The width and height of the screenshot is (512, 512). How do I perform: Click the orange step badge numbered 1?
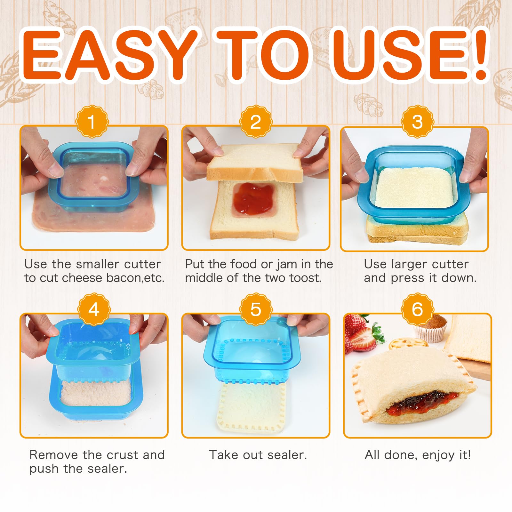pos(92,122)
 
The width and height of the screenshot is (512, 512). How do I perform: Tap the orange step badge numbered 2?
pos(256,122)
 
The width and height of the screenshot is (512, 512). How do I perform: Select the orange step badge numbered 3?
pos(417,122)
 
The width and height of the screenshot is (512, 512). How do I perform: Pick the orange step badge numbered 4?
pos(94,309)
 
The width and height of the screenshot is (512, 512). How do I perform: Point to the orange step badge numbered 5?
pos(256,309)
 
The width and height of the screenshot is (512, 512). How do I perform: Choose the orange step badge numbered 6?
pos(417,309)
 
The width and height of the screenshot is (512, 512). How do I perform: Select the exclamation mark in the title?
pos(479,54)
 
